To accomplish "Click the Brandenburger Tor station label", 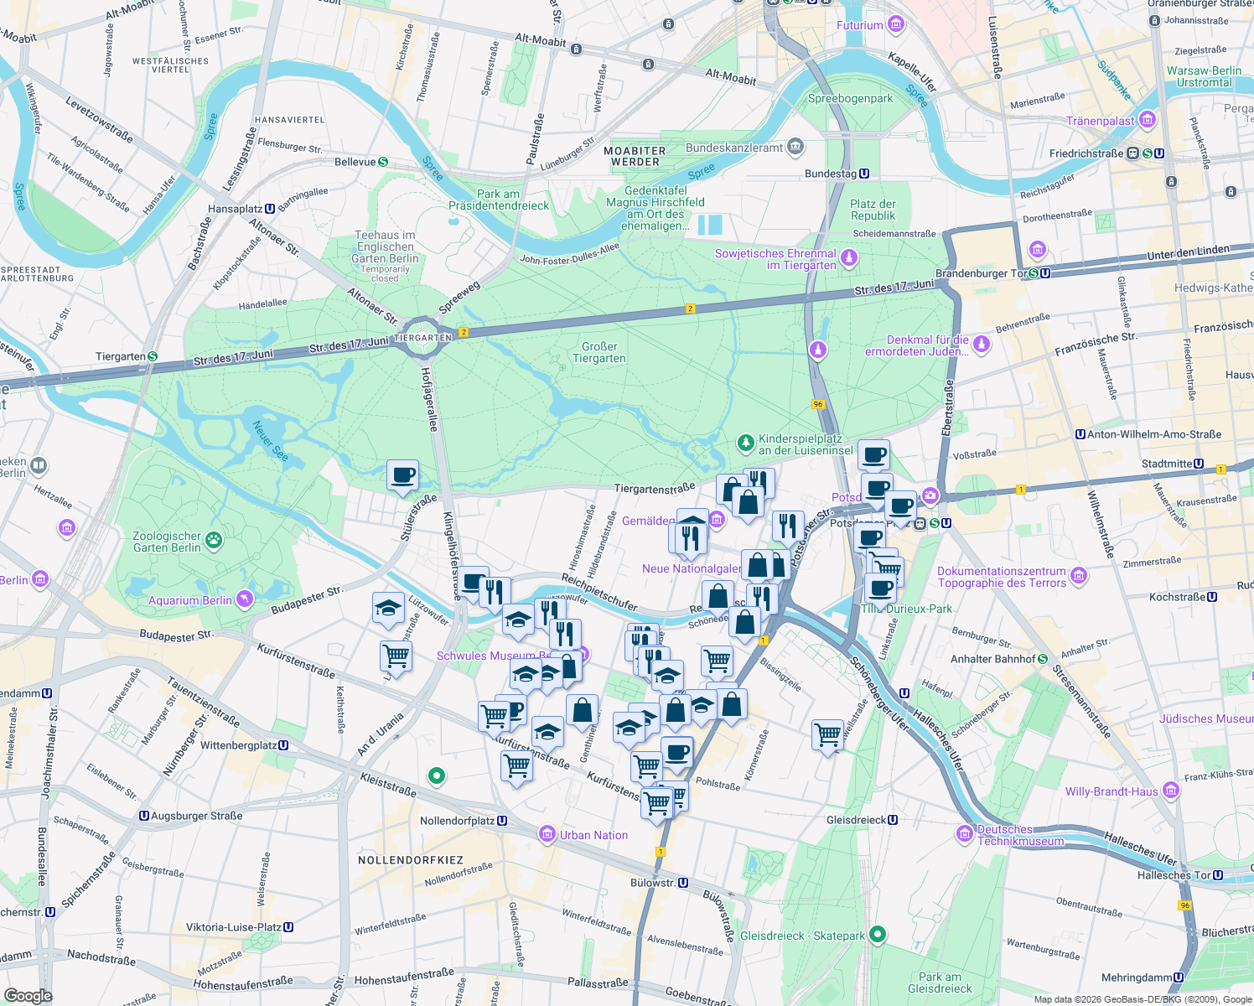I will [981, 273].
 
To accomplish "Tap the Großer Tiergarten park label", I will [598, 352].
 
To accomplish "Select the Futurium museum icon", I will [896, 24].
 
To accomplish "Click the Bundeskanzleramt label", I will [734, 148].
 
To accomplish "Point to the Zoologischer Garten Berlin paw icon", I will [215, 541].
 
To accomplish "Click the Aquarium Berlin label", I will [190, 600].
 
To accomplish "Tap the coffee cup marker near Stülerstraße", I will [402, 474].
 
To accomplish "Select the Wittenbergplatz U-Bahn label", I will [238, 745].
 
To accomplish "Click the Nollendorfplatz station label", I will [457, 821].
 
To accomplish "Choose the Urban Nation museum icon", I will [547, 834].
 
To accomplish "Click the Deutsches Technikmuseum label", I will [1020, 835].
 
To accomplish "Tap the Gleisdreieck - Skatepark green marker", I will [878, 934].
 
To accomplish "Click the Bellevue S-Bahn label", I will [355, 162].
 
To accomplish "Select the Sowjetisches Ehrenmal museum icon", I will [849, 257].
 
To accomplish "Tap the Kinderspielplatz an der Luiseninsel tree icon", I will [745, 442].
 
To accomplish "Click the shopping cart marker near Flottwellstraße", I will [827, 734].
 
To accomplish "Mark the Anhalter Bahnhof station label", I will [992, 659].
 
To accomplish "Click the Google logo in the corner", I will [28, 995].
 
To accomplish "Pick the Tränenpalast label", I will [1100, 121].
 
